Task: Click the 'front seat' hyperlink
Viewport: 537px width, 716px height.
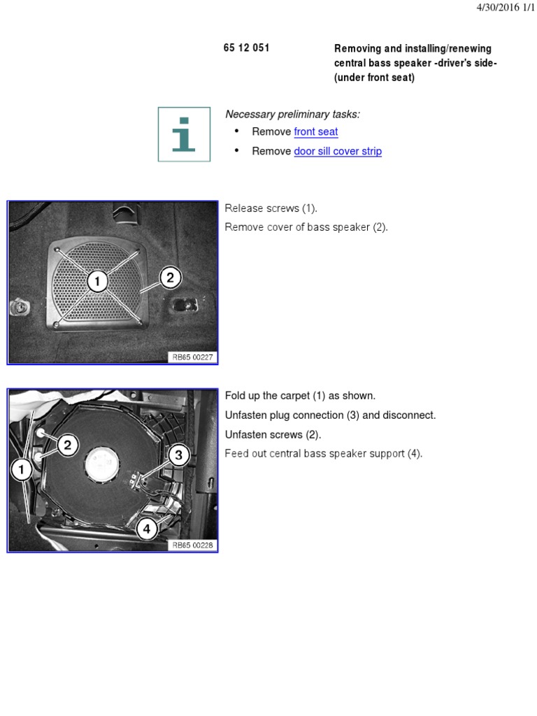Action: (316, 131)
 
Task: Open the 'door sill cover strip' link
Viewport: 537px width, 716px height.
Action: (338, 151)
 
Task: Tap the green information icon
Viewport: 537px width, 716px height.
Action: (184, 134)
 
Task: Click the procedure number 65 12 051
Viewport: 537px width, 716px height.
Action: (246, 48)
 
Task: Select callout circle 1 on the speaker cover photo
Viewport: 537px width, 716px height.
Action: (97, 282)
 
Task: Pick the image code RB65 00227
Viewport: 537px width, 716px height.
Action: (193, 357)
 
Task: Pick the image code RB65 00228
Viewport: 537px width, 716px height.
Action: (193, 545)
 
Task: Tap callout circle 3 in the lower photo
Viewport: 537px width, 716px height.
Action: (178, 456)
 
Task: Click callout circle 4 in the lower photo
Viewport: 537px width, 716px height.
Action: (147, 529)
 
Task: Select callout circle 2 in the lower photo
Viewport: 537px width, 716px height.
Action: (67, 445)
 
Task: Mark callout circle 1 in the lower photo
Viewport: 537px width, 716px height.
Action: (22, 471)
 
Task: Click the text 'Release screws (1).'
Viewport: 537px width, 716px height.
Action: (271, 208)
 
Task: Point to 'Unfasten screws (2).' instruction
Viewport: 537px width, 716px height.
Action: (273, 434)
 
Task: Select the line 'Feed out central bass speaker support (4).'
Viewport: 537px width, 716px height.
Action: (324, 454)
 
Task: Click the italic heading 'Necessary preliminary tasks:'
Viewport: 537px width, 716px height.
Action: (292, 114)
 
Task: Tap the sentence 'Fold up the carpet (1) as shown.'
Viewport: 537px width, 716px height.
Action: (300, 396)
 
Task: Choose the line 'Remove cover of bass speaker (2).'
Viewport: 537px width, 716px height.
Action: (306, 227)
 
